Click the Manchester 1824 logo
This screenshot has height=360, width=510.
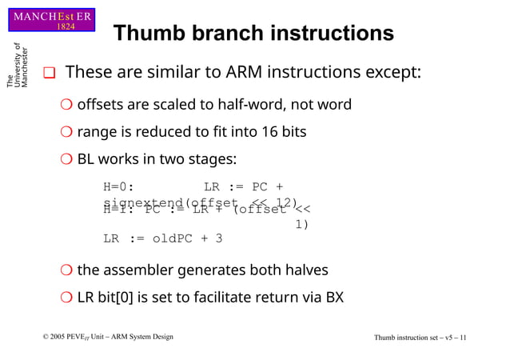tap(53, 20)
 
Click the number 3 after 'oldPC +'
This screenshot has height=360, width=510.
tap(218, 238)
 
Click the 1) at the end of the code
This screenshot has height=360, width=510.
tap(301, 224)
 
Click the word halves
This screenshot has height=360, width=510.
tap(301, 270)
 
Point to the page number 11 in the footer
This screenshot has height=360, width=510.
tap(463, 338)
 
